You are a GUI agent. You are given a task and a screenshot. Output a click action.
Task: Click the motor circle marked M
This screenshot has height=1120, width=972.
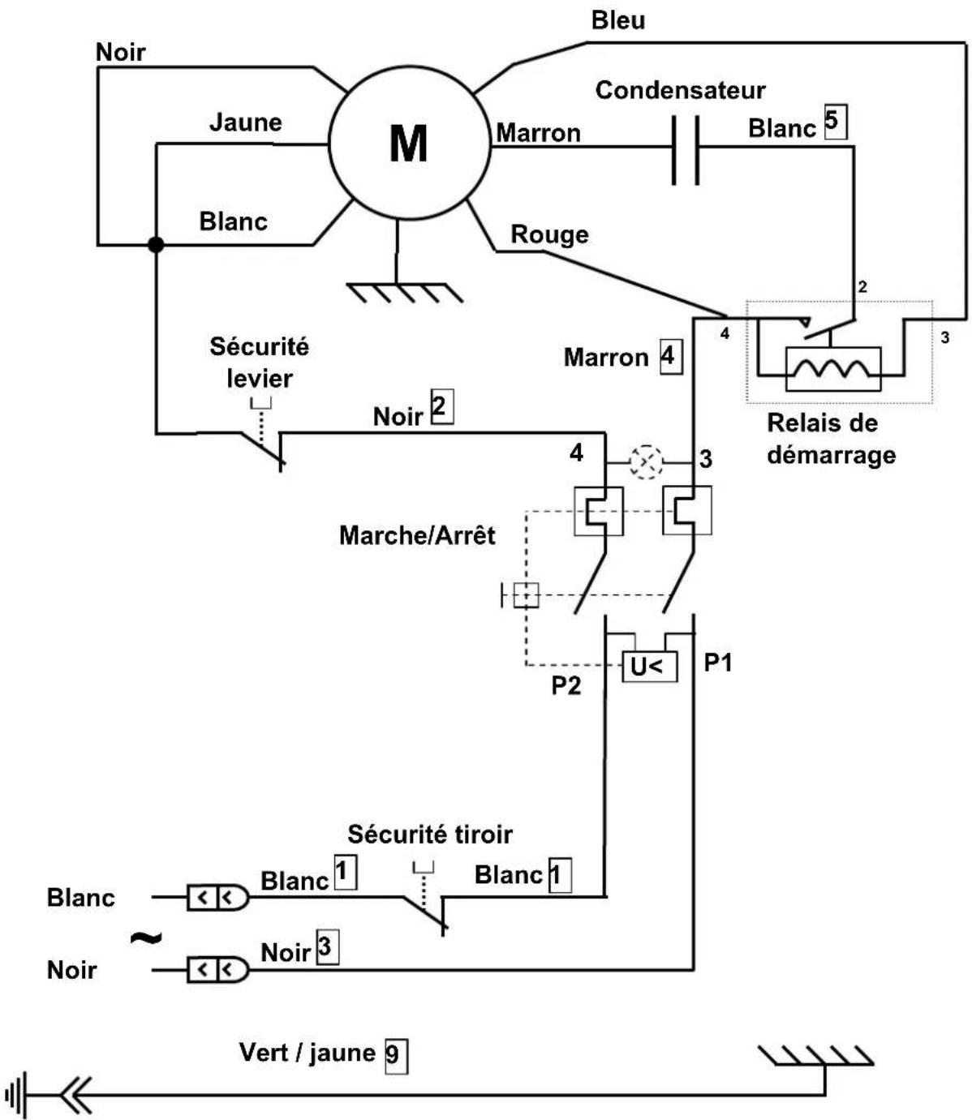pyautogui.click(x=409, y=144)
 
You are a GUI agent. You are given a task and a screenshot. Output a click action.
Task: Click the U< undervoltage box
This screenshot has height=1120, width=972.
pyautogui.click(x=648, y=667)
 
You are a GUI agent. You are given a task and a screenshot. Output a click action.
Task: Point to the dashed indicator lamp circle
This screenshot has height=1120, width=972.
pyautogui.click(x=647, y=462)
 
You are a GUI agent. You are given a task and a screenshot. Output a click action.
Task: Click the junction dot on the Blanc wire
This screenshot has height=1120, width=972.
pyautogui.click(x=156, y=244)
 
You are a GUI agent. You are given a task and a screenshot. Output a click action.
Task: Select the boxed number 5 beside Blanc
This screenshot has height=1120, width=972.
pyautogui.click(x=834, y=122)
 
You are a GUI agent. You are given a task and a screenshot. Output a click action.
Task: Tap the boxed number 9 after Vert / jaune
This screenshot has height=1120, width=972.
pyautogui.click(x=395, y=1056)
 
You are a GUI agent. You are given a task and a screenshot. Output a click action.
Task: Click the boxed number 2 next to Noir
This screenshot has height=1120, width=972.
pyautogui.click(x=441, y=407)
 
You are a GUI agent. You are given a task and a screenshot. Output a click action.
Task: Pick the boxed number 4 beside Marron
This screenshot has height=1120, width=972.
pyautogui.click(x=669, y=356)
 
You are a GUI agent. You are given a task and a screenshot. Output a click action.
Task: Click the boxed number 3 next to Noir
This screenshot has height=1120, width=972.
pyautogui.click(x=327, y=947)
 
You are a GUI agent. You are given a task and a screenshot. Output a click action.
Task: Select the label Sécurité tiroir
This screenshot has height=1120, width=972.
pyautogui.click(x=430, y=834)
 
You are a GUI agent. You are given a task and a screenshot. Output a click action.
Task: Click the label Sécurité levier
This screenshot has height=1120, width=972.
pyautogui.click(x=259, y=362)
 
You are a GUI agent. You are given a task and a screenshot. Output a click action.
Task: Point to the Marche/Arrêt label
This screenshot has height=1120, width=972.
pyautogui.click(x=417, y=535)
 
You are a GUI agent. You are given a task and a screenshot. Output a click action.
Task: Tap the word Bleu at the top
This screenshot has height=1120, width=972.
pyautogui.click(x=618, y=20)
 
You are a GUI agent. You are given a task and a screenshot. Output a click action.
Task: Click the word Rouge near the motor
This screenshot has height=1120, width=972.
pyautogui.click(x=549, y=234)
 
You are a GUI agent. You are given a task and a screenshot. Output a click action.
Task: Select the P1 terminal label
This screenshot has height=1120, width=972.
pyautogui.click(x=717, y=663)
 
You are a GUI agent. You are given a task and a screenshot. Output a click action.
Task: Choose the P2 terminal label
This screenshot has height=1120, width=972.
pyautogui.click(x=566, y=685)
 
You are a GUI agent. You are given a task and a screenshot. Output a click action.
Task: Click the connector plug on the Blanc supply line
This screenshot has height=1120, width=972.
pyautogui.click(x=217, y=898)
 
